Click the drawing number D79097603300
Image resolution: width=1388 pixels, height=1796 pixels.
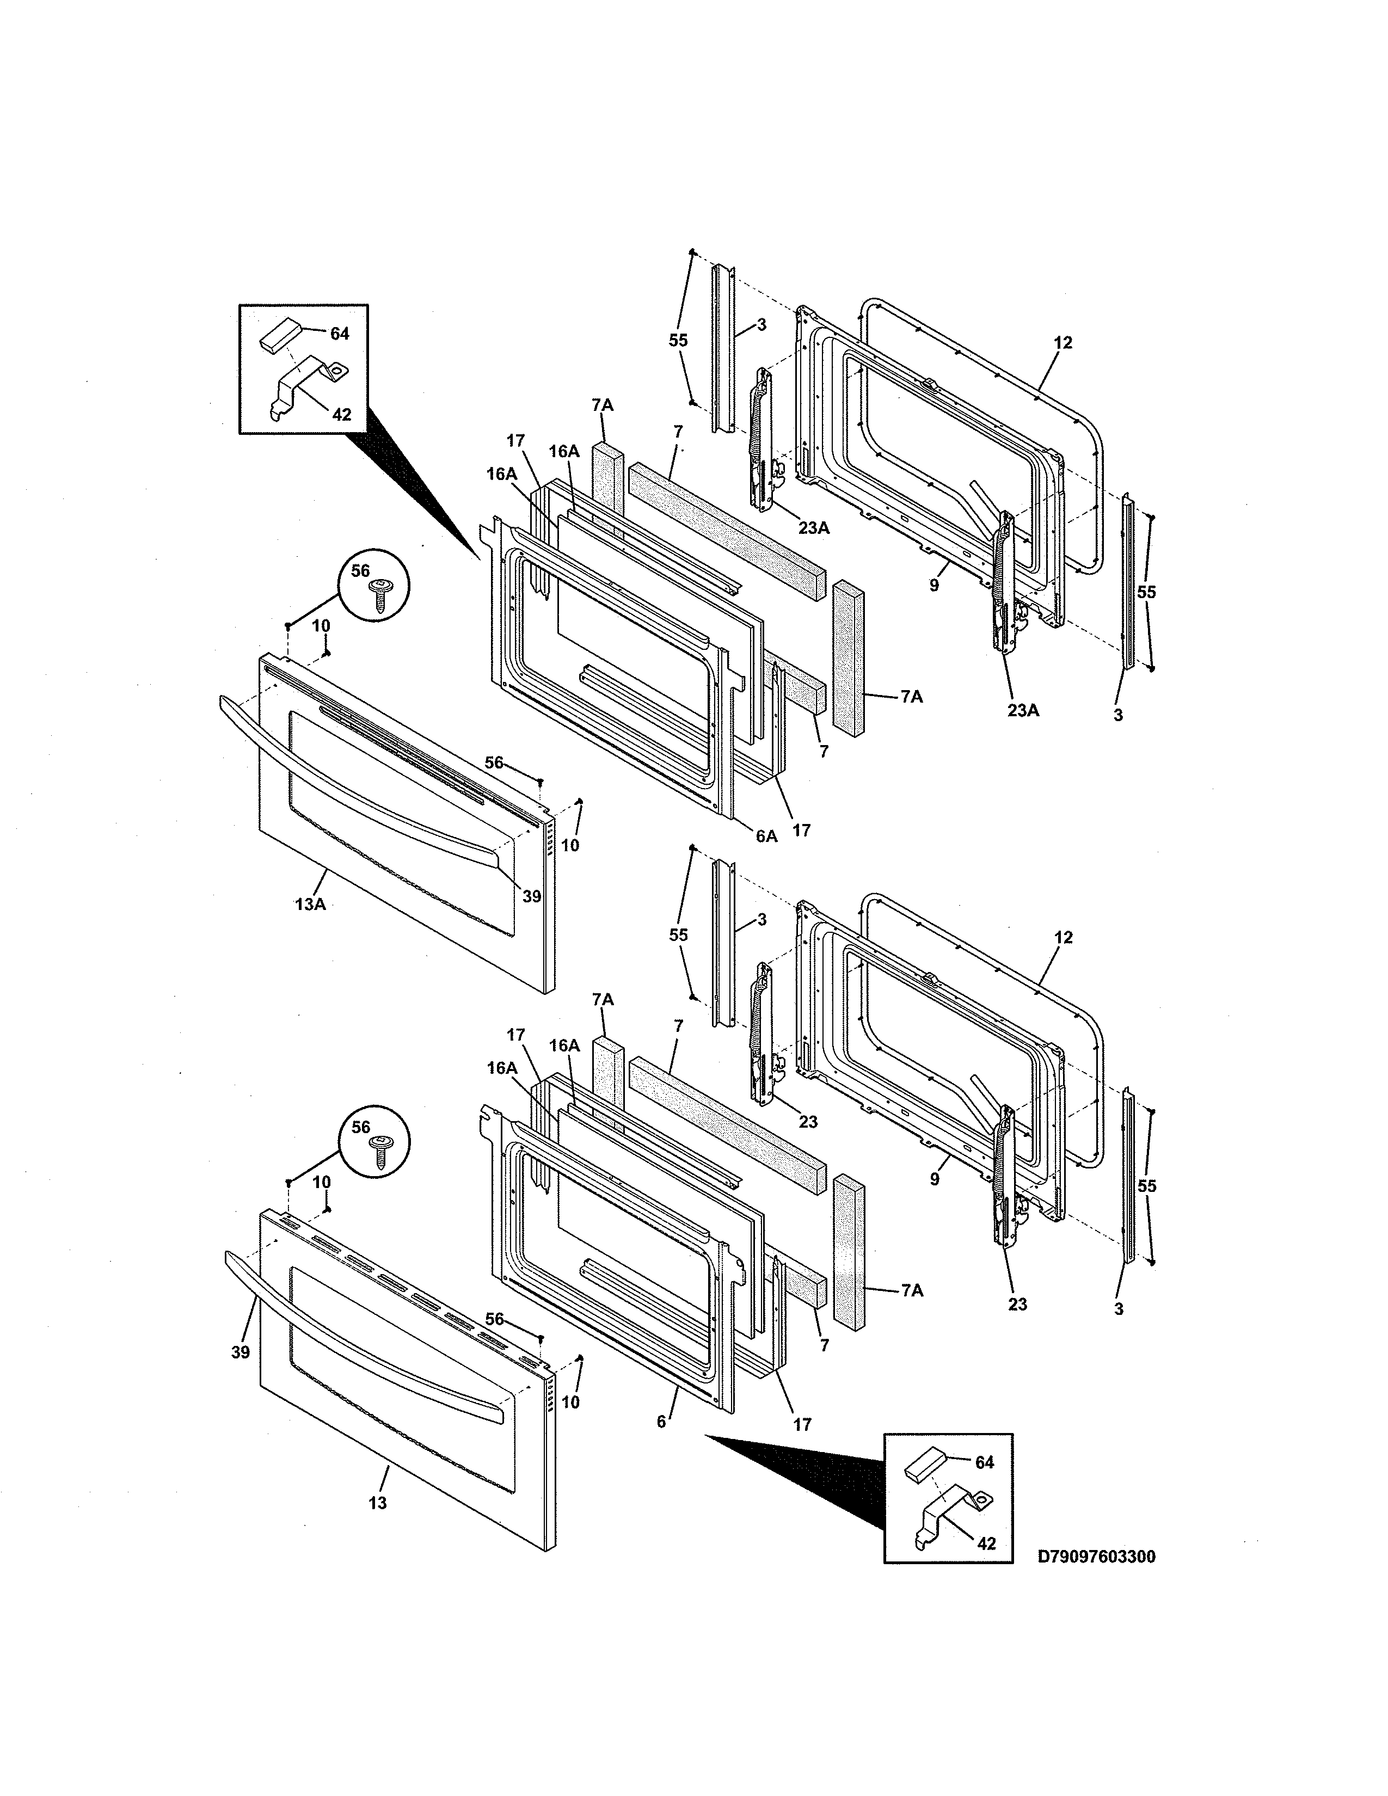pyautogui.click(x=1096, y=1557)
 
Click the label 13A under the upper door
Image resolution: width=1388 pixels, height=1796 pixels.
pyautogui.click(x=310, y=905)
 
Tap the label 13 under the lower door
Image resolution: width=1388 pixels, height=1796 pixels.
pyautogui.click(x=377, y=1503)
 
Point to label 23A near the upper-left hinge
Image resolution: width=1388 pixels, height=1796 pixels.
pyautogui.click(x=813, y=528)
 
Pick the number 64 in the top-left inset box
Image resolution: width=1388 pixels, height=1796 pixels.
pyautogui.click(x=340, y=334)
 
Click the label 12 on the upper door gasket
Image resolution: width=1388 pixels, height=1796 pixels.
pyautogui.click(x=1063, y=343)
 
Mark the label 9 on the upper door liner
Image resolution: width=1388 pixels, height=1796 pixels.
pyautogui.click(x=934, y=586)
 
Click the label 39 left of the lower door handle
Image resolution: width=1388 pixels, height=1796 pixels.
pyautogui.click(x=239, y=1352)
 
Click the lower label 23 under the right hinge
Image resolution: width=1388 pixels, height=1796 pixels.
pyautogui.click(x=1017, y=1304)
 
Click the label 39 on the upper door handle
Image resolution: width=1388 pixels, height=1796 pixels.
pyautogui.click(x=531, y=896)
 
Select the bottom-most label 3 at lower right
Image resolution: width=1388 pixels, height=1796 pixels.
pyautogui.click(x=1119, y=1309)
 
